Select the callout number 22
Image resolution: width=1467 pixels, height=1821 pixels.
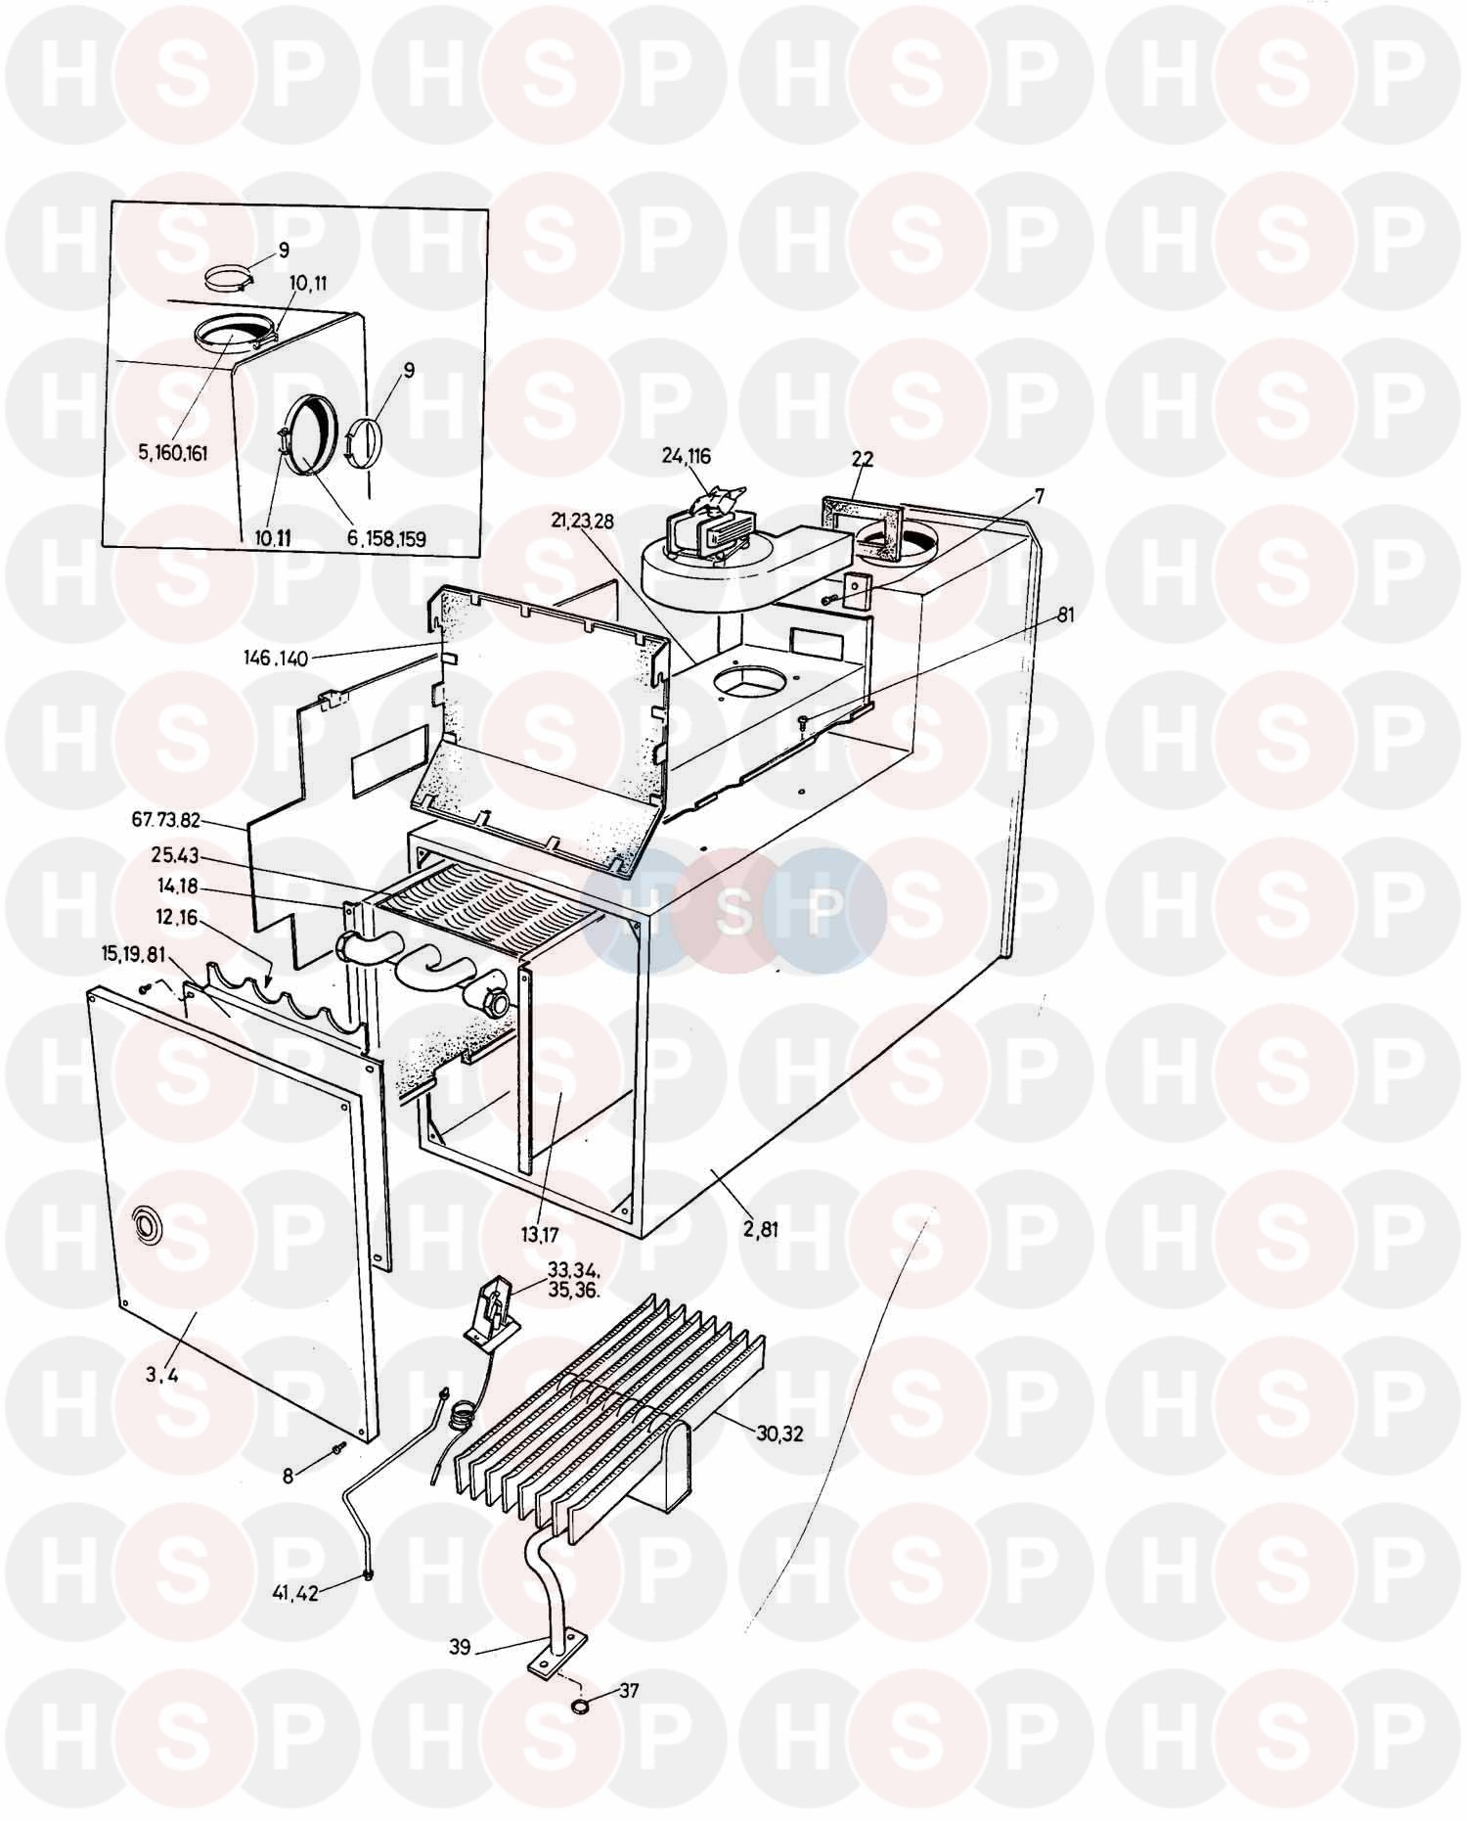coord(862,459)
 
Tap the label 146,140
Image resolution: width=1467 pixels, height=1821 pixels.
coord(276,659)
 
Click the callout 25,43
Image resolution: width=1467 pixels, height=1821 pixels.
coord(175,855)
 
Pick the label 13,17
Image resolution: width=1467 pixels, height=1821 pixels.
coord(539,1236)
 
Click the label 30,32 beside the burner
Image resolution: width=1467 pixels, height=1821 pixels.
coord(779,1433)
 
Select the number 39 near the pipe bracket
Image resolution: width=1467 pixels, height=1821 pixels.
coord(460,1647)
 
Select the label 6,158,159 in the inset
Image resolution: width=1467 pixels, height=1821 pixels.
coord(386,538)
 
